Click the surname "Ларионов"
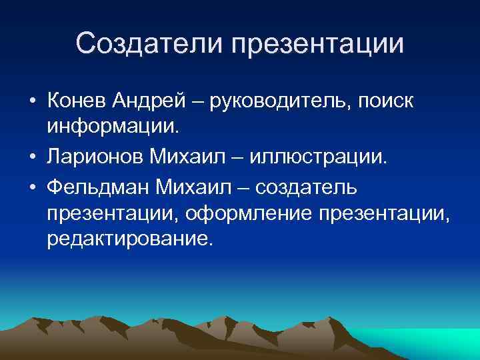95,156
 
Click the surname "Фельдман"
97,187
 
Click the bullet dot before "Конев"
32,102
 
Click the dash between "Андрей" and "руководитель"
199,101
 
